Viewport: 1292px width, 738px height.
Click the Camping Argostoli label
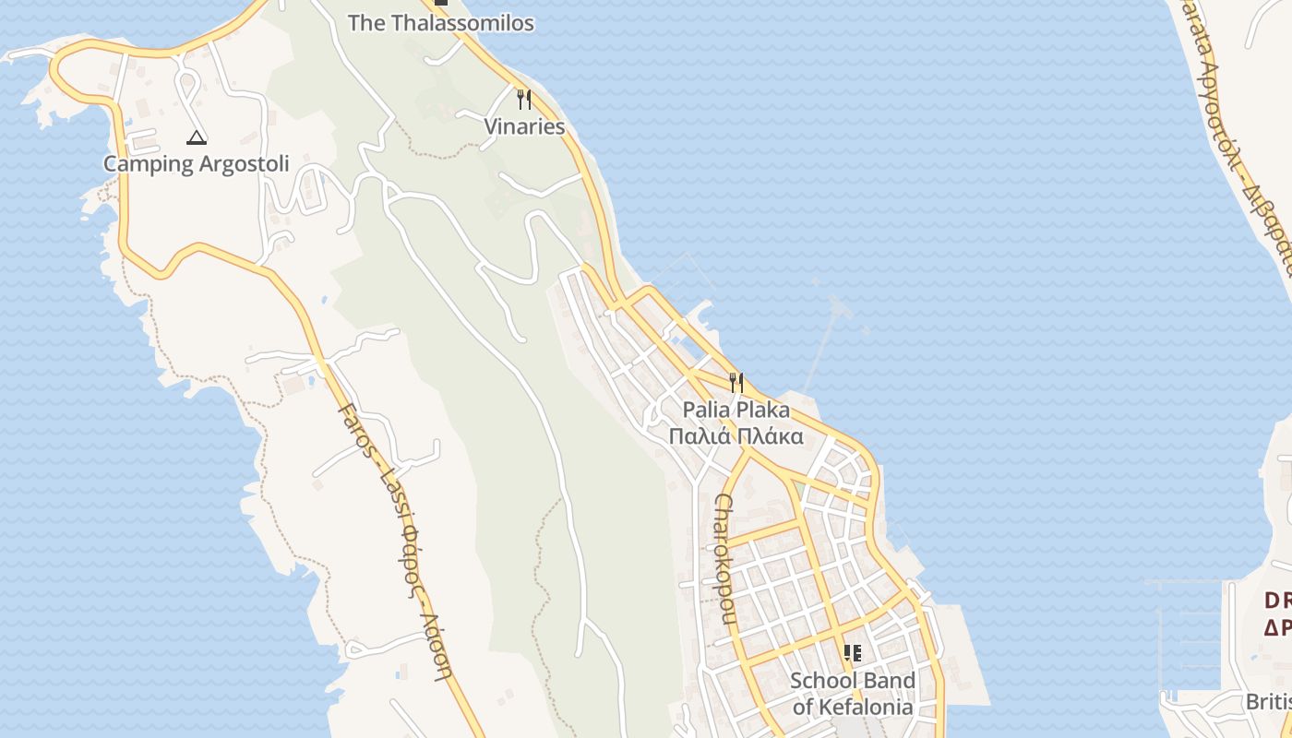click(196, 164)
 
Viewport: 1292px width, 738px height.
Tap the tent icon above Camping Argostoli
click(196, 138)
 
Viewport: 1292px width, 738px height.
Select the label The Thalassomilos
click(440, 23)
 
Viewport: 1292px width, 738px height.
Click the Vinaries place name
click(524, 126)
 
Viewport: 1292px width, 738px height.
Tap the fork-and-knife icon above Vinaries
click(524, 99)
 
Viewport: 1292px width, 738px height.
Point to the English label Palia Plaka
click(736, 410)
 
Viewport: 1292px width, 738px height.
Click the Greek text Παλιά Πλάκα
click(736, 436)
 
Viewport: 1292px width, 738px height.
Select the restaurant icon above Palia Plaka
click(736, 382)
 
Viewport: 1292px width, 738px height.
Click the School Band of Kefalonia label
click(853, 694)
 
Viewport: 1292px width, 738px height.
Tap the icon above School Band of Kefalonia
click(853, 653)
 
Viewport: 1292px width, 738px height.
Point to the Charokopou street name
click(724, 559)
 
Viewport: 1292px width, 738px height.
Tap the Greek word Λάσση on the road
click(437, 646)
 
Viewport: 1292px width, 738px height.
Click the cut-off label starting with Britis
click(1268, 702)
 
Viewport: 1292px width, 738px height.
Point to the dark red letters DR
click(1277, 601)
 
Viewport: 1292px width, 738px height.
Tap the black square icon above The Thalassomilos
click(441, 2)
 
